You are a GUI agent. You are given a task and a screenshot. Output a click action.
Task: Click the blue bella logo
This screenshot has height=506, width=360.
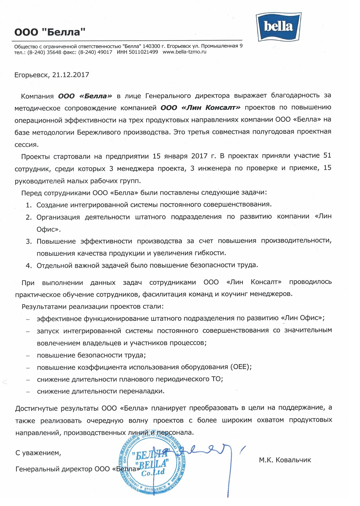(x=278, y=27)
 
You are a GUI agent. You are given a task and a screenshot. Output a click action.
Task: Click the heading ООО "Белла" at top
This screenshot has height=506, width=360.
(x=50, y=32)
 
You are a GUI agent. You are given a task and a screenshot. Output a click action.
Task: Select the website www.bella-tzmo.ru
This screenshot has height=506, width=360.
(x=184, y=52)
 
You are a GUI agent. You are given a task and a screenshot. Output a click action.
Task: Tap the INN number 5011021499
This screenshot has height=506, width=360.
(x=143, y=52)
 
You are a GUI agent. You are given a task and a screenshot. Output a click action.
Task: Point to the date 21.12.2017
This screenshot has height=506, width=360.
(x=71, y=75)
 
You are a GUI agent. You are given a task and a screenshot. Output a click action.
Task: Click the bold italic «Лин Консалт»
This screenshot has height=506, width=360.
(x=201, y=108)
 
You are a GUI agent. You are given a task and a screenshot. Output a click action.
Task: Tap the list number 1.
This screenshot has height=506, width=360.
(x=28, y=205)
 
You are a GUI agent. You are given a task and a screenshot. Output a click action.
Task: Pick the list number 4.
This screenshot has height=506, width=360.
(x=28, y=266)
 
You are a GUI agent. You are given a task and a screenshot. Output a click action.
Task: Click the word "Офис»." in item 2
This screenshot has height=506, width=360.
(x=49, y=229)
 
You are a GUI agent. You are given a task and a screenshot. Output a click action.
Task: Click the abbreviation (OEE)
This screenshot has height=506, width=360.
(x=241, y=367)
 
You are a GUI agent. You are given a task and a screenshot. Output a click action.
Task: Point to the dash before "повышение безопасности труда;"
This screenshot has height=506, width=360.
(x=28, y=356)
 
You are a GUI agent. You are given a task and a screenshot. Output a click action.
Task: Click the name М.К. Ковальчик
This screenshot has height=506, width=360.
(x=285, y=460)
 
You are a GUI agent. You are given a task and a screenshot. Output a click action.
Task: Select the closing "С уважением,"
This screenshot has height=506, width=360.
(x=38, y=453)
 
